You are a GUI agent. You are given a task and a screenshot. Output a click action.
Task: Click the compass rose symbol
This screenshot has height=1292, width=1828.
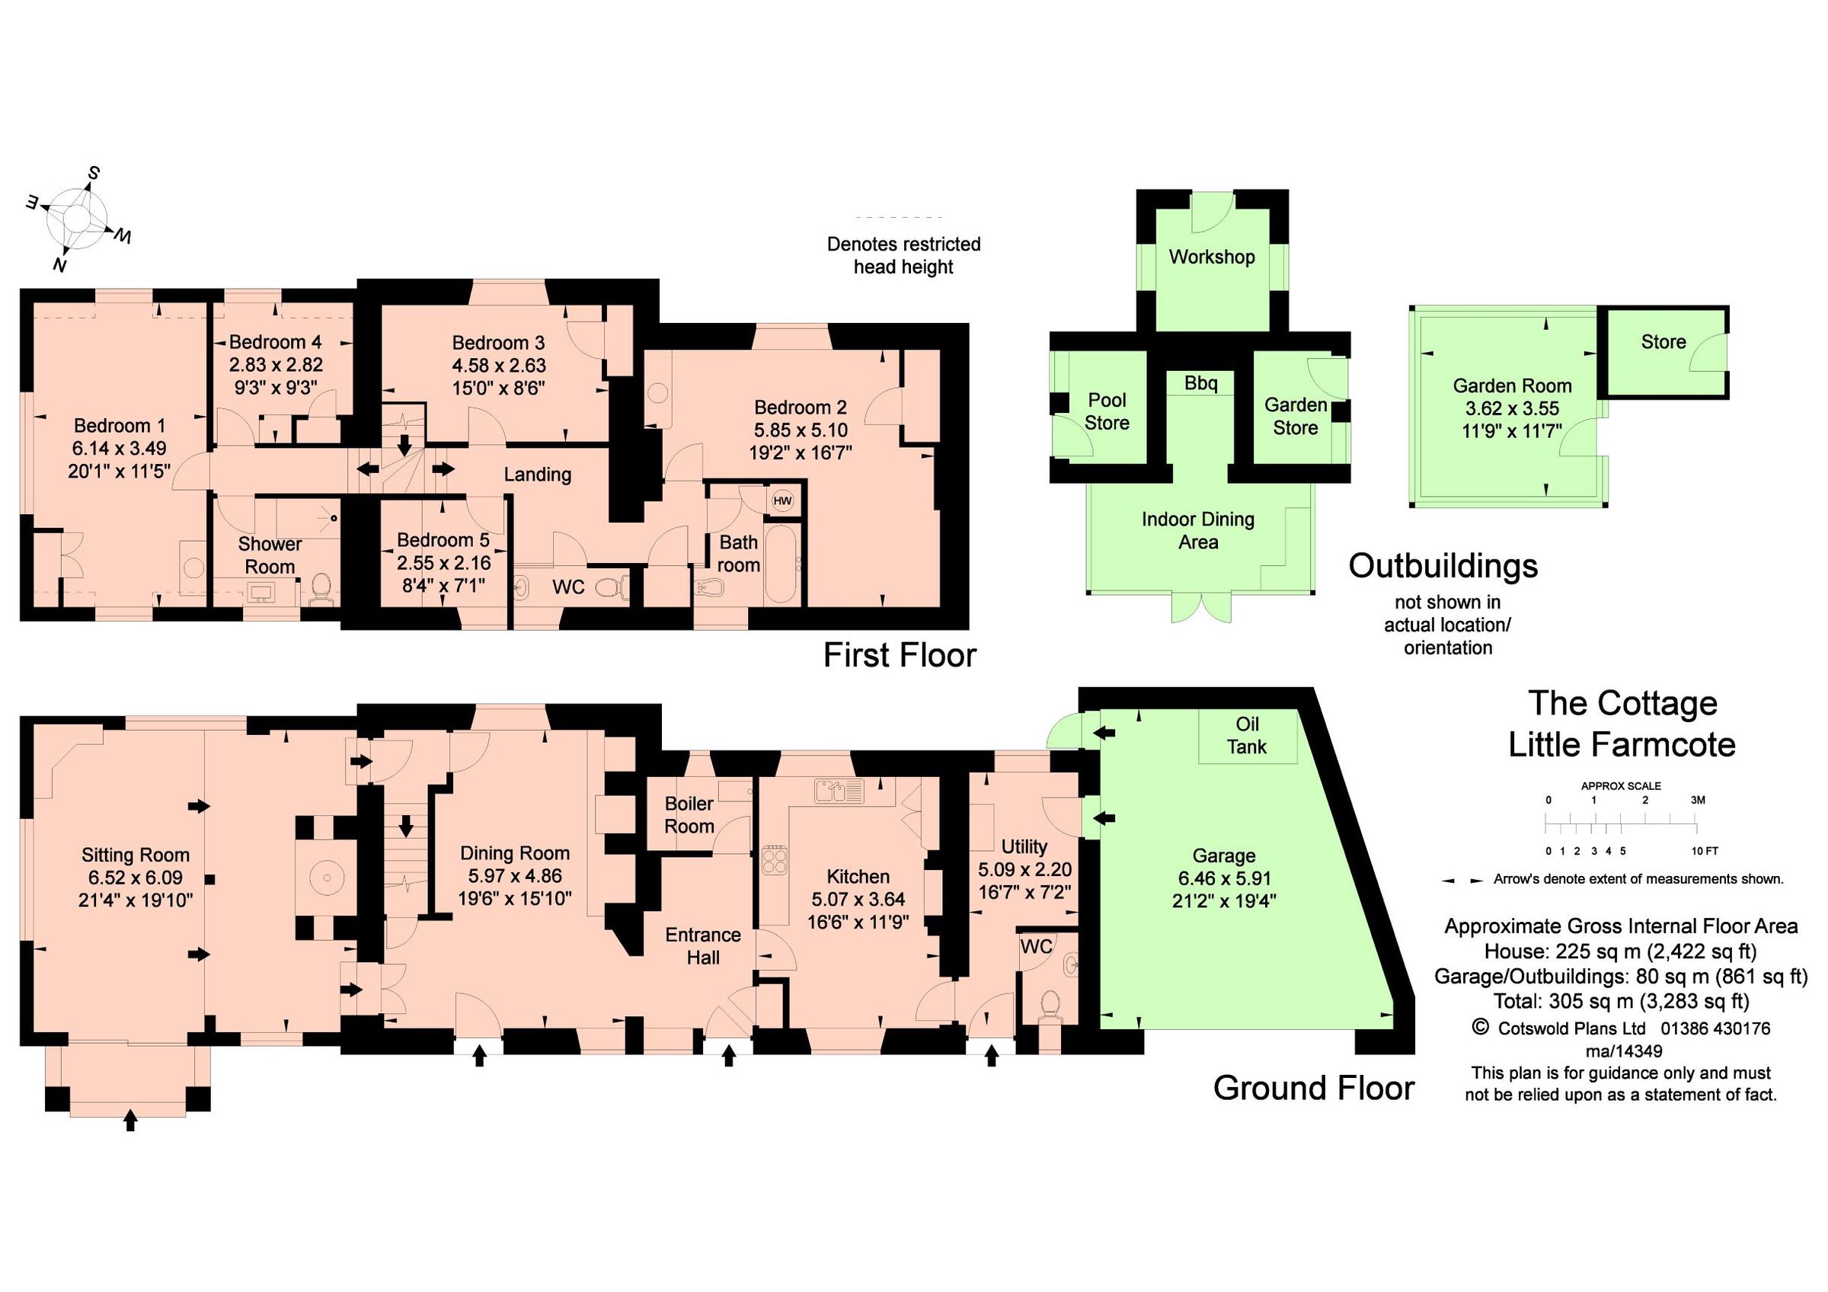coord(76,219)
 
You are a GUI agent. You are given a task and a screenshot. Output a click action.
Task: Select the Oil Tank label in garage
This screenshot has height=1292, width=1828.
coord(1247,736)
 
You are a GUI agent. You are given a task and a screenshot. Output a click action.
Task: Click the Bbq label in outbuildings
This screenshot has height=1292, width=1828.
coord(1200,384)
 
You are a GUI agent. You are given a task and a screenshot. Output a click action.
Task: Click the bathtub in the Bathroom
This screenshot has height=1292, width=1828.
coord(779,564)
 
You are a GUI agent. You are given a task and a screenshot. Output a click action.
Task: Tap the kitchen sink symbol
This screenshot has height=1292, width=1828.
coord(839,792)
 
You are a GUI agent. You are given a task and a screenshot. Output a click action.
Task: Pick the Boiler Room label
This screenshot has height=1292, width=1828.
coord(689,815)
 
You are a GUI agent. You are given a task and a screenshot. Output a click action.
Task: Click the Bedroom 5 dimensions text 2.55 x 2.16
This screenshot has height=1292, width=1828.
coord(443,563)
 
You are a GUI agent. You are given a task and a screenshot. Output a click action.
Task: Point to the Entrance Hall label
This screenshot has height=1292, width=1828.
coord(703,945)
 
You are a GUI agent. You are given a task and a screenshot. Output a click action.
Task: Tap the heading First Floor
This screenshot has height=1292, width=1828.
coord(899,656)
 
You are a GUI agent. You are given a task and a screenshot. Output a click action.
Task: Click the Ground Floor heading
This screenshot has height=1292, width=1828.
coord(1313,1088)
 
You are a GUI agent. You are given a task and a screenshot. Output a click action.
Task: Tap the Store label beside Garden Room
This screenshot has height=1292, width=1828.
coord(1663,342)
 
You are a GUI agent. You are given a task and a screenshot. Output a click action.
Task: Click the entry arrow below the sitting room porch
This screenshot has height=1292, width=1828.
coord(130,1121)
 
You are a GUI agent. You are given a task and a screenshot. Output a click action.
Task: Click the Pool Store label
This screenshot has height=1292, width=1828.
coord(1107,411)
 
